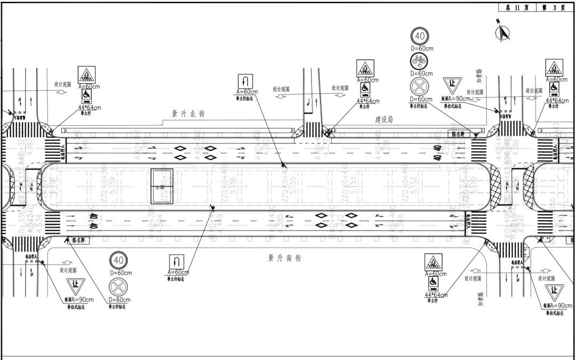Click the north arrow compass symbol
502,33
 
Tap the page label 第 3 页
552,7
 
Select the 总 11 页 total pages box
514,7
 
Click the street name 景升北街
188,114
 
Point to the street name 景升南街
284,258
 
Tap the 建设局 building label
384,121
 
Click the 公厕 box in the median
160,186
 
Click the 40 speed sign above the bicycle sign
419,37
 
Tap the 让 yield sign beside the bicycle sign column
451,85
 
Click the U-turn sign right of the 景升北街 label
244,81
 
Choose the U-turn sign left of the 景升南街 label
177,262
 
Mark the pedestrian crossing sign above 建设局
365,68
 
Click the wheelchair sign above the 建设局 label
365,87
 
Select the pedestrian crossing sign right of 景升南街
433,262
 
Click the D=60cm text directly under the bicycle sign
421,73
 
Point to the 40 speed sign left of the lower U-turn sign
118,261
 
